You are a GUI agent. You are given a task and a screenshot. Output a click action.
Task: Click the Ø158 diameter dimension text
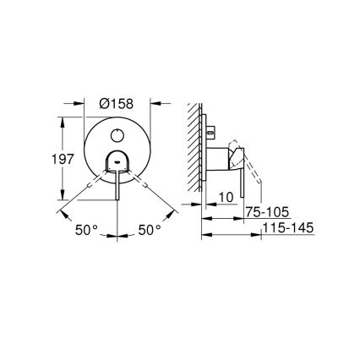tap(118, 104)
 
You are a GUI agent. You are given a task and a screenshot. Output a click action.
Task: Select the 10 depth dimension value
tap(225, 198)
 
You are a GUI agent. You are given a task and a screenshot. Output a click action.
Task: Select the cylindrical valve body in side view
tap(222, 158)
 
